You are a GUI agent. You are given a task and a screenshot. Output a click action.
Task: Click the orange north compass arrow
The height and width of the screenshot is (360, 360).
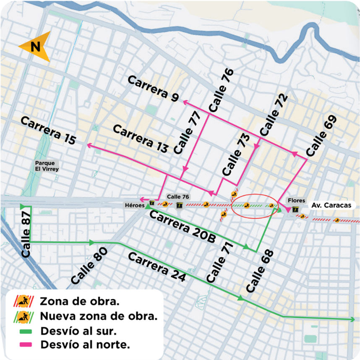pos(35,47)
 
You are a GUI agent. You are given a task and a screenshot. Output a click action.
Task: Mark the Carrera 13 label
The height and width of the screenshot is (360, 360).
pos(141,138)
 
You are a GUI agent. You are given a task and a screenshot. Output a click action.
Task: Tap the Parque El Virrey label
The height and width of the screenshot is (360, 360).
pos(47,166)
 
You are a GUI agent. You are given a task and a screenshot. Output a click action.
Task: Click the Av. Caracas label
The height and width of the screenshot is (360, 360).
pos(331,206)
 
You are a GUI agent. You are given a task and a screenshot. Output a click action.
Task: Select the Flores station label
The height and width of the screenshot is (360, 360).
pos(295,201)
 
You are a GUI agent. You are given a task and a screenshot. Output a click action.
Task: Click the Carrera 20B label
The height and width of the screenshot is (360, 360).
pos(182,227)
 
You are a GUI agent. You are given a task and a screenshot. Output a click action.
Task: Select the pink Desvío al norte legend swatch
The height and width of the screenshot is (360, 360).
pos(23,345)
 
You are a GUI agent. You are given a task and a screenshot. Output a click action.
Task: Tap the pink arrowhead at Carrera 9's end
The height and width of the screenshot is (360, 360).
pos(184,101)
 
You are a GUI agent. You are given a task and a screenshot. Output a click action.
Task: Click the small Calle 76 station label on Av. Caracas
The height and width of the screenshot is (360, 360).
pos(178,196)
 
